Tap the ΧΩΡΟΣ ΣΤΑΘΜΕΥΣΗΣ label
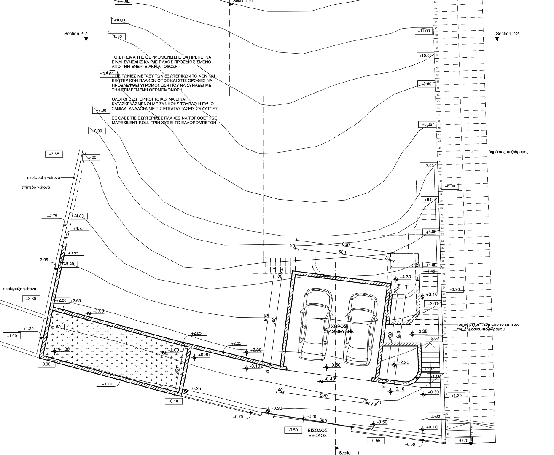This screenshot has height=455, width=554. click(339, 329)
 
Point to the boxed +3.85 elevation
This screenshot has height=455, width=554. click(54, 154)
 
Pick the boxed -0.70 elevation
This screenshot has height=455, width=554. click(463, 441)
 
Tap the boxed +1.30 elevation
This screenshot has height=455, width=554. click(456, 396)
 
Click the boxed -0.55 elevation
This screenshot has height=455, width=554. click(376, 441)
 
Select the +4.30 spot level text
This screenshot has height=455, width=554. click(405, 277)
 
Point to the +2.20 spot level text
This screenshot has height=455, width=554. click(403, 363)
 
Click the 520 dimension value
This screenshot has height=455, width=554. click(324, 396)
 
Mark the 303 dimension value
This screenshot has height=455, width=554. click(416, 265)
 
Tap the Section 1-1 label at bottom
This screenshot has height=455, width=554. click(350, 453)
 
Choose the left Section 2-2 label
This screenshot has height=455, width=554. click(75, 34)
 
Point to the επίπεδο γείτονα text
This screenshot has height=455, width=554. click(35, 187)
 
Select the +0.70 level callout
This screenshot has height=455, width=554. click(238, 417)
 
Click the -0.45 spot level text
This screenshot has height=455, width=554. click(312, 416)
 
